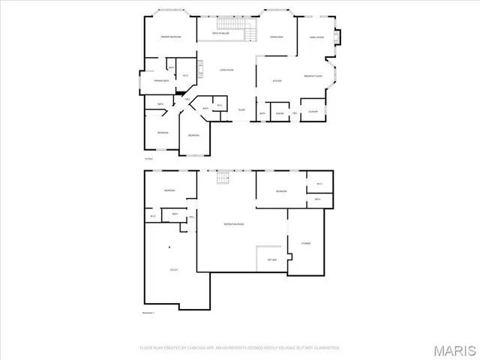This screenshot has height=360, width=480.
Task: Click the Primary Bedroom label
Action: (x=170, y=37)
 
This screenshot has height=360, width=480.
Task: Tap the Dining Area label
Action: (x=275, y=37)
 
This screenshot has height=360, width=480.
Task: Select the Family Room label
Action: (x=317, y=37)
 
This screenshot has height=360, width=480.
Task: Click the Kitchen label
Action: (x=276, y=80)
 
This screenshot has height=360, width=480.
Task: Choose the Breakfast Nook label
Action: (x=313, y=76)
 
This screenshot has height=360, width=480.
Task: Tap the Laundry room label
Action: (x=310, y=112)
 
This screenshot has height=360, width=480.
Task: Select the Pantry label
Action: (x=279, y=113)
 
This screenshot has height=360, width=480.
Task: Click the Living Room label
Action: (x=225, y=70)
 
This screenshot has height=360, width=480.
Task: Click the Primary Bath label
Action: (x=160, y=80)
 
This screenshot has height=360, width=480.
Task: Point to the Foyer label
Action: (x=241, y=110)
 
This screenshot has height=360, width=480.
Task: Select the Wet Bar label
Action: (x=272, y=260)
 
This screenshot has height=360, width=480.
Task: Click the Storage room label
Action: (x=306, y=243)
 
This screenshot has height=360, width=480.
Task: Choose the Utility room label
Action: (x=173, y=269)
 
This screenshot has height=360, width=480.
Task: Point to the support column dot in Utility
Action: (x=169, y=247)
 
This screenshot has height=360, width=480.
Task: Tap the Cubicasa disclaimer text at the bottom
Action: (x=239, y=348)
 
